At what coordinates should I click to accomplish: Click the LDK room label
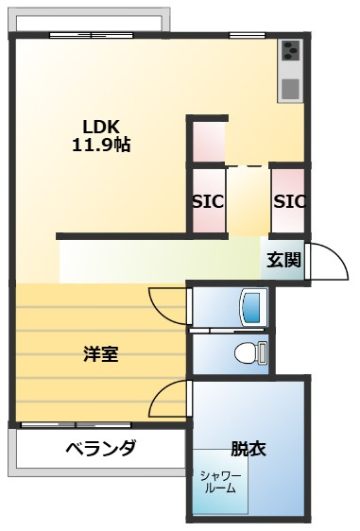tap(101, 127)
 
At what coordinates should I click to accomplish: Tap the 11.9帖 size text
tap(101, 145)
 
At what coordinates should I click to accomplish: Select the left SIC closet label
tap(208, 202)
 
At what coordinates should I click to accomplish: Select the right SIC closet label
tap(290, 202)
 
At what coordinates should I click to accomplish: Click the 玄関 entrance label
tap(283, 260)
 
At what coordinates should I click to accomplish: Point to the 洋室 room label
tap(101, 354)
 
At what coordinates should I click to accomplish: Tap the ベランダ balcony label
tap(101, 448)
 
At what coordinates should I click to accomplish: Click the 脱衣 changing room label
tap(249, 449)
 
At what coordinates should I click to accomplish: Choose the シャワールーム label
tap(220, 482)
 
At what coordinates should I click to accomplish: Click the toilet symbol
tap(250, 352)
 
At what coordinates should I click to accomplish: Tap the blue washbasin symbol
tap(253, 307)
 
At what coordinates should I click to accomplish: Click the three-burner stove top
tap(291, 50)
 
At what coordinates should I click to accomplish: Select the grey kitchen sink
tap(291, 89)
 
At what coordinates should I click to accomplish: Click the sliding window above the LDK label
tap(91, 35)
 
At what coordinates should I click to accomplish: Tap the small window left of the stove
tap(248, 35)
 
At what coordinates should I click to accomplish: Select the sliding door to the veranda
tap(77, 424)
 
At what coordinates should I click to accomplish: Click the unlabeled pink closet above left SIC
tap(209, 142)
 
